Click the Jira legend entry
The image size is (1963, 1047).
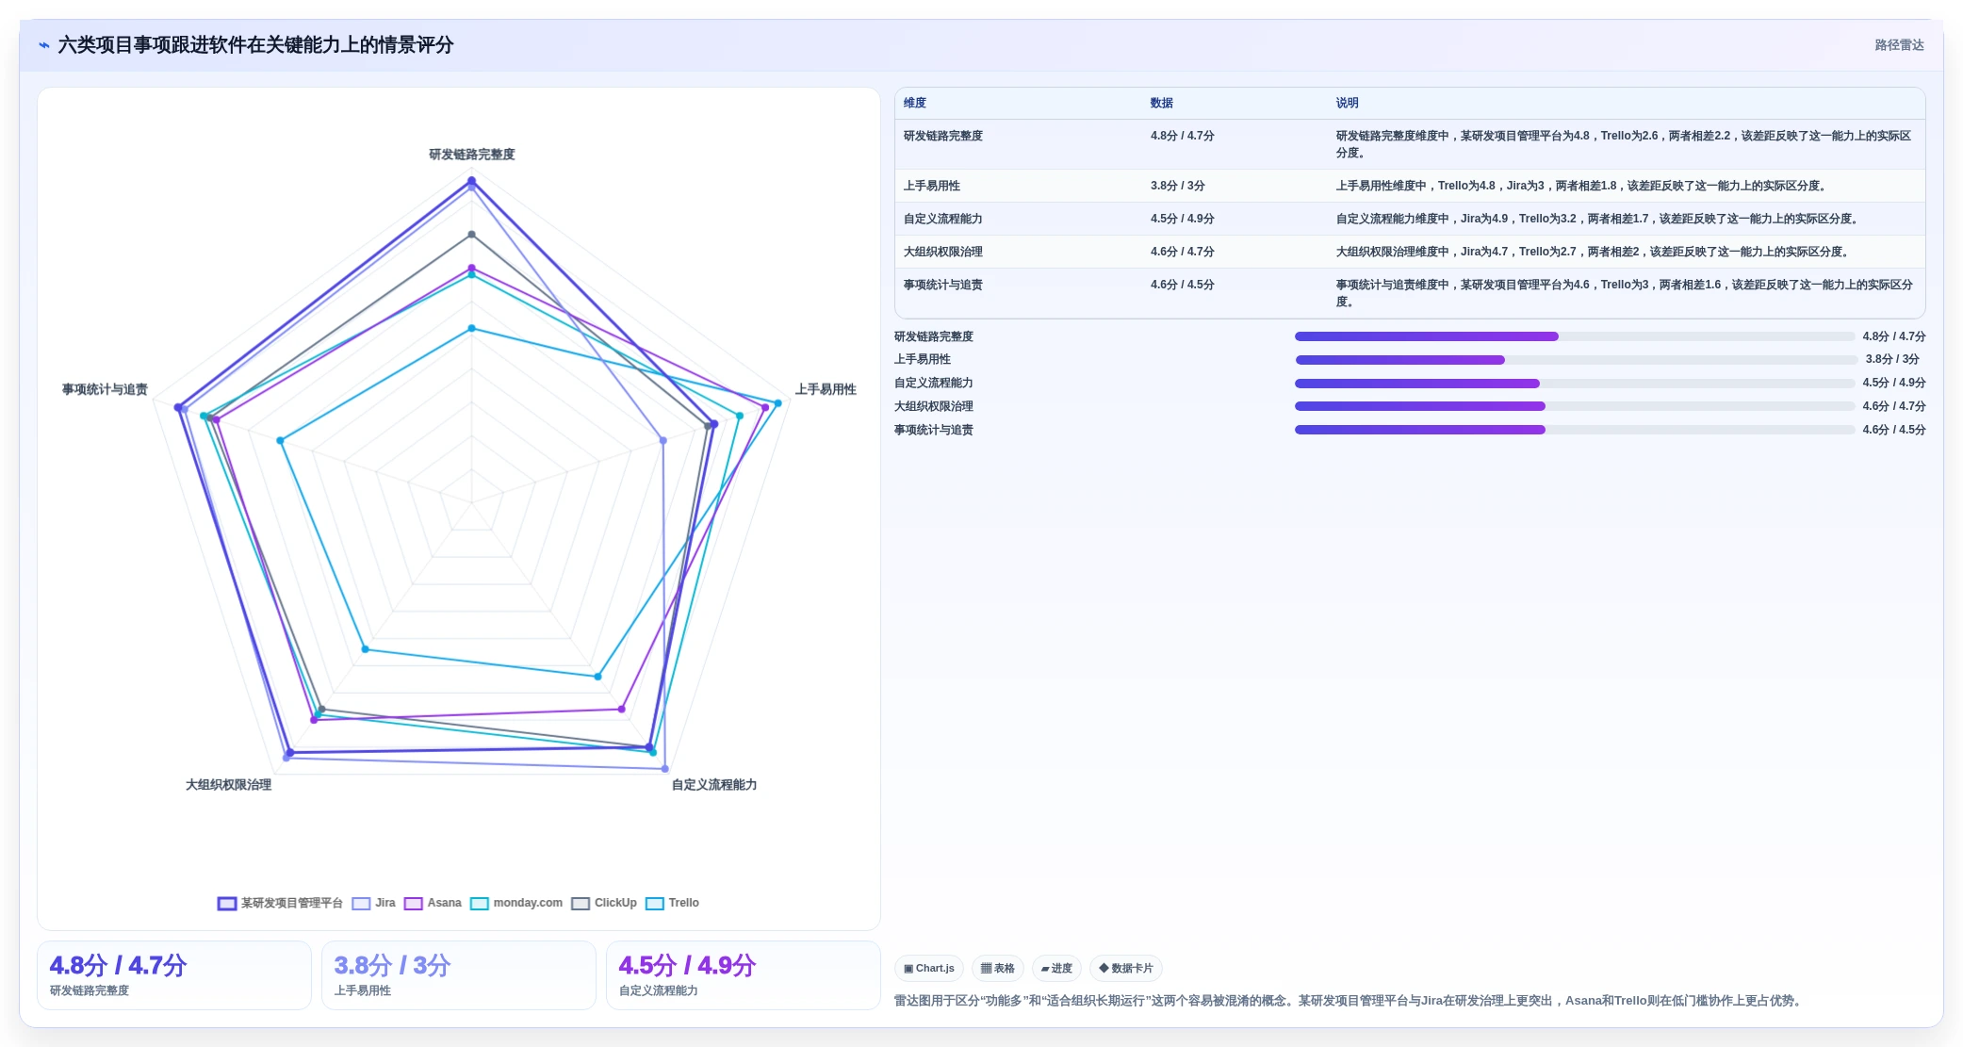(374, 903)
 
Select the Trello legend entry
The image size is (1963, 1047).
(672, 903)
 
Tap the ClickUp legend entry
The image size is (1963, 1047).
(604, 903)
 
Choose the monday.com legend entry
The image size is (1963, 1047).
(516, 903)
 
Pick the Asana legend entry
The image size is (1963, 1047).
(433, 903)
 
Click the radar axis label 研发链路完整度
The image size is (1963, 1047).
(472, 155)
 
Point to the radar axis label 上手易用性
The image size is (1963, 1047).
(826, 389)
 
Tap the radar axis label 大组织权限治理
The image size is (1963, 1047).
(228, 784)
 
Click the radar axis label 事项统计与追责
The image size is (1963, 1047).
(105, 389)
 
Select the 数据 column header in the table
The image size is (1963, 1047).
(1161, 103)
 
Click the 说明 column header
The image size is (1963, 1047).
(1347, 103)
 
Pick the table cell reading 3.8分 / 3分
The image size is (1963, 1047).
(1177, 186)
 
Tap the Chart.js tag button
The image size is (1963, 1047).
(928, 968)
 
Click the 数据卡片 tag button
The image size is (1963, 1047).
(1125, 968)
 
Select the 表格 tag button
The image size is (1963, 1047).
(997, 968)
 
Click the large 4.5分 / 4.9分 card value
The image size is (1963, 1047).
(687, 965)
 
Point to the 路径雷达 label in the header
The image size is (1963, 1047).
(1899, 45)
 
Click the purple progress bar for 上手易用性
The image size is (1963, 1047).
(1399, 359)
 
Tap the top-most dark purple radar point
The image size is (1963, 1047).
(472, 181)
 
